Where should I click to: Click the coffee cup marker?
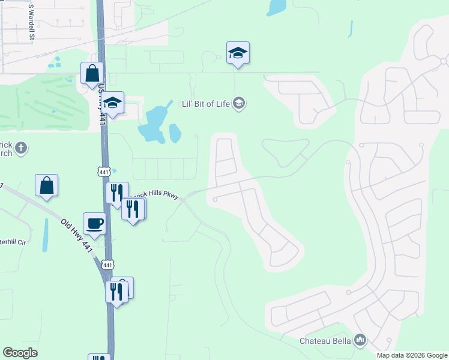coord(95,223)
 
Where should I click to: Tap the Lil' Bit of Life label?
coord(206,103)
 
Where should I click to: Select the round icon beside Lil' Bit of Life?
coord(240,103)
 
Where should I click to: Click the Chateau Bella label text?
coord(325,341)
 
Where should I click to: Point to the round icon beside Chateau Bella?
coord(360,340)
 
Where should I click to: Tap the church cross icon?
coord(21,148)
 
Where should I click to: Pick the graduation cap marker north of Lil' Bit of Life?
coord(238,53)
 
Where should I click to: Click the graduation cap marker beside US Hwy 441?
coord(112,103)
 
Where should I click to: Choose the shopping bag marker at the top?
coord(92,73)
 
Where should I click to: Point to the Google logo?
coord(20,353)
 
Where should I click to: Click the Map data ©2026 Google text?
coord(411,355)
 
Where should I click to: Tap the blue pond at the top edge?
coord(277,8)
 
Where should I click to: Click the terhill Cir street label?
coord(13,242)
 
